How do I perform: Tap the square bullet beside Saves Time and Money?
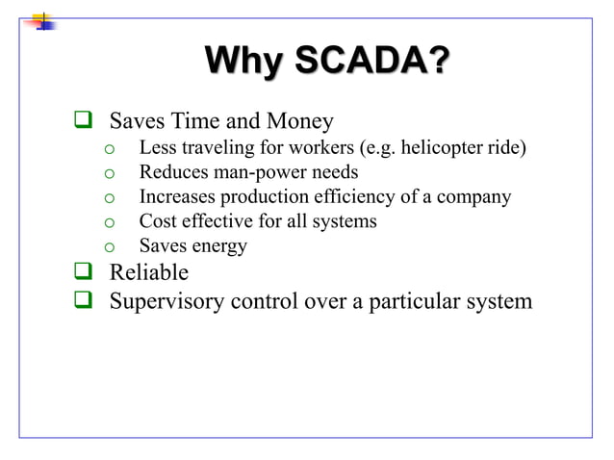[x=83, y=122]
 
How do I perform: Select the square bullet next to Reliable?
[x=83, y=272]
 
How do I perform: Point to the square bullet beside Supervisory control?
[x=83, y=301]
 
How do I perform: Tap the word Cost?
[x=159, y=221]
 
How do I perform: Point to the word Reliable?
[x=149, y=272]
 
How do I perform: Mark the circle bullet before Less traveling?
[x=111, y=150]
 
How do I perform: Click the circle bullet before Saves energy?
[x=111, y=247]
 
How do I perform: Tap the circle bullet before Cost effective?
[x=111, y=222]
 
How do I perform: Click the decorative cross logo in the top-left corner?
[x=43, y=20]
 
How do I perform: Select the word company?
[x=473, y=197]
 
